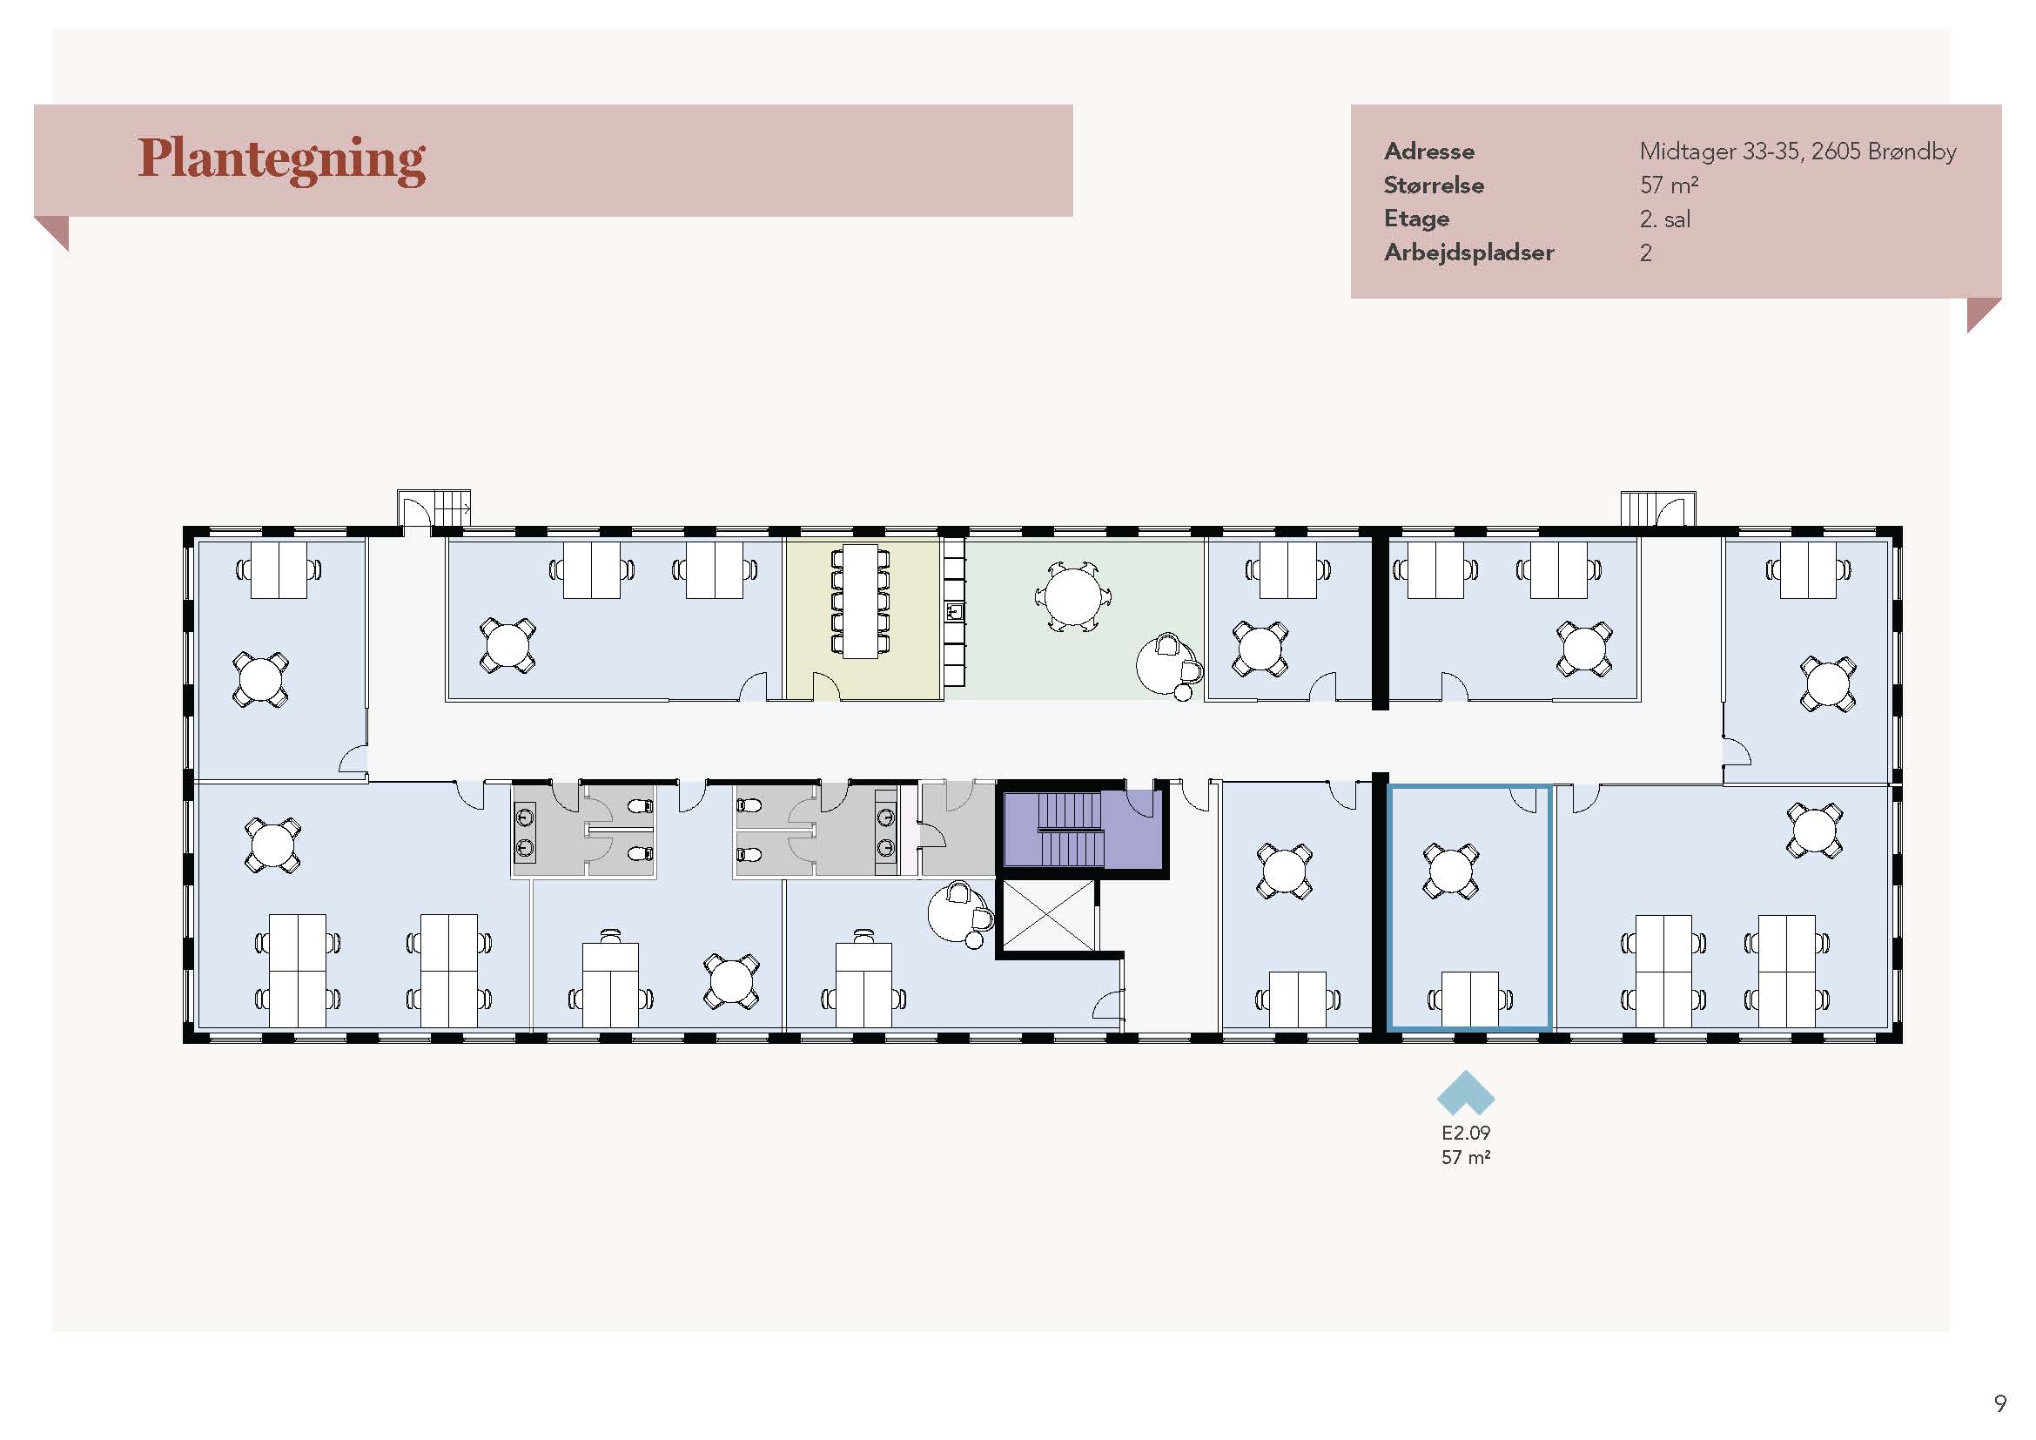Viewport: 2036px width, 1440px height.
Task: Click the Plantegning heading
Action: tap(282, 160)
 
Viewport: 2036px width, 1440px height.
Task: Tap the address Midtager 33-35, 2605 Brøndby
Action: tap(1797, 151)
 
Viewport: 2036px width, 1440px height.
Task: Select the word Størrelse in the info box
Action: tap(1433, 185)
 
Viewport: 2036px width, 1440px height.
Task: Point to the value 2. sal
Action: tap(1664, 219)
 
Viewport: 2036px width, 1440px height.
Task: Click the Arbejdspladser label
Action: tap(1468, 252)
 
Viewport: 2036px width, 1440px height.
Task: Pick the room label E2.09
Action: tap(1466, 1133)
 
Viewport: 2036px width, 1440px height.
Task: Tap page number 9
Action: tap(1999, 1403)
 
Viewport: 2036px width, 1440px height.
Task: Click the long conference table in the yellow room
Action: tap(859, 602)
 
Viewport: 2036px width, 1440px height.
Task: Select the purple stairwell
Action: tap(1082, 829)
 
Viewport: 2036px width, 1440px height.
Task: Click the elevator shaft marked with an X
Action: tap(1047, 916)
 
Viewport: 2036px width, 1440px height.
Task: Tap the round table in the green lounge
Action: tap(1072, 596)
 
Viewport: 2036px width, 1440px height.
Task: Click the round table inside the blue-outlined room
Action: tap(1451, 871)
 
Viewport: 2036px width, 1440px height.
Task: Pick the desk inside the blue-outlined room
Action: tap(1470, 999)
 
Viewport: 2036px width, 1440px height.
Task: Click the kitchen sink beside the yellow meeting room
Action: tap(955, 611)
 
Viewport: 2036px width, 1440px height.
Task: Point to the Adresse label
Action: tap(1428, 151)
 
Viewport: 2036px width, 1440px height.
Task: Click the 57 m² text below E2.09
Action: tap(1466, 1157)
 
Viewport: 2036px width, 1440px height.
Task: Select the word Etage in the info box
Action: tap(1416, 219)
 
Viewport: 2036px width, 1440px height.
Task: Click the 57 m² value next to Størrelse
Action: tap(1669, 185)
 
